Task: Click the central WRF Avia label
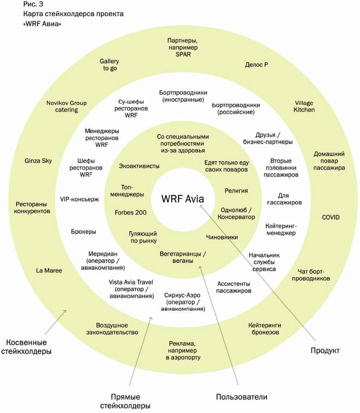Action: [182, 198]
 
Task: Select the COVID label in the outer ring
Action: [331, 217]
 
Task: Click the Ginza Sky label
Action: [38, 161]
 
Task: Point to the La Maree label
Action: [49, 270]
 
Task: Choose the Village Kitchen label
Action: [305, 106]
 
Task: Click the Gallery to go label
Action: [110, 64]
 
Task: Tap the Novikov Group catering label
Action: [66, 106]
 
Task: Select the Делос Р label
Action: [256, 65]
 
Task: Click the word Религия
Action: [236, 190]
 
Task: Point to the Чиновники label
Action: [222, 237]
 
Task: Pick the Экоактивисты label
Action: [139, 166]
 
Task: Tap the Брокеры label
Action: [84, 232]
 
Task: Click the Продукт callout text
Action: [324, 351]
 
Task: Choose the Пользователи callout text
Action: [242, 396]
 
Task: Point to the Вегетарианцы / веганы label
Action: [183, 257]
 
